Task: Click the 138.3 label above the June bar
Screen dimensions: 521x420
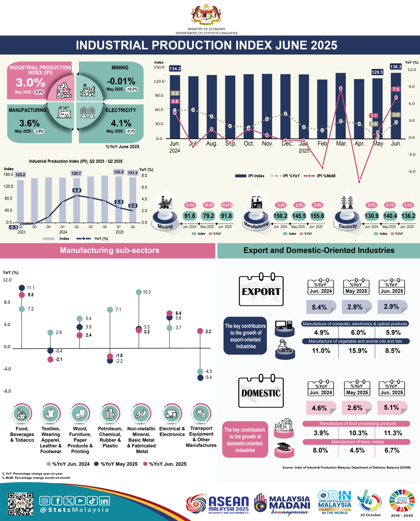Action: pos(396,67)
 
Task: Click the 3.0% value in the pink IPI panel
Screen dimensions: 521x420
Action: pos(30,82)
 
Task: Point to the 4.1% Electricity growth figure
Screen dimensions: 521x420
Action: pos(121,123)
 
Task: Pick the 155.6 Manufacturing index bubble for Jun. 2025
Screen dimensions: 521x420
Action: pos(317,216)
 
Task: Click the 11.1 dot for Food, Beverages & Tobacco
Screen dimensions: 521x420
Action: pos(22,288)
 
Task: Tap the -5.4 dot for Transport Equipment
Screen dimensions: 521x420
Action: pos(201,378)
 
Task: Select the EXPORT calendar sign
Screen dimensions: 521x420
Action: pos(261,291)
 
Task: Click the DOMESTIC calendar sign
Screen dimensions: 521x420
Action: pos(261,393)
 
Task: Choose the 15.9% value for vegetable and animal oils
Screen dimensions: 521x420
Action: pos(358,351)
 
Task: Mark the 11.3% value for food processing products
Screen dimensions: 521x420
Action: pos(393,433)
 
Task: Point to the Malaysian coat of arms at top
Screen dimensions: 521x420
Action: pos(206,15)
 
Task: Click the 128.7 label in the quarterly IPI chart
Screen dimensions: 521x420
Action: pos(76,173)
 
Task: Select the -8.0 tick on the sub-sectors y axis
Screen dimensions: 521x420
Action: pos(7,392)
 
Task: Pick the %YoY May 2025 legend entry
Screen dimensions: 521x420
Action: pos(116,464)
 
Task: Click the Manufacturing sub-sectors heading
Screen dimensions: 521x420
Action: pos(110,250)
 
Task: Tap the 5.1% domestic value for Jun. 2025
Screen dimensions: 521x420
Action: pos(391,408)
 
